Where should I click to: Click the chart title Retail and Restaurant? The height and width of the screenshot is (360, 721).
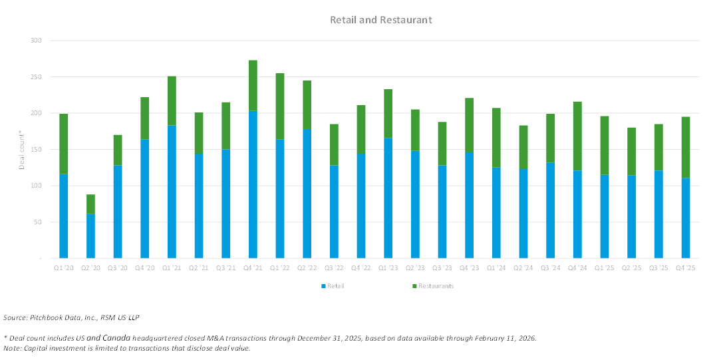click(x=381, y=20)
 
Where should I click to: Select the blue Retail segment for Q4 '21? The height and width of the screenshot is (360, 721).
click(x=253, y=184)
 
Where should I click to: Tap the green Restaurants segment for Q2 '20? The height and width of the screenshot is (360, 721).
click(x=90, y=204)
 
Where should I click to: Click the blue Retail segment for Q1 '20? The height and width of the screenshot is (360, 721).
click(x=64, y=216)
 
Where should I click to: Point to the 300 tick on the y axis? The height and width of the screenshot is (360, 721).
click(x=36, y=41)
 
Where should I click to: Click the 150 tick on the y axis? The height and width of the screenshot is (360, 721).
click(x=36, y=150)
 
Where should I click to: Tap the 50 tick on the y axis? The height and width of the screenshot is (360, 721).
click(x=37, y=222)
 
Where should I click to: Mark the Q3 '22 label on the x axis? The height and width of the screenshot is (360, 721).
click(x=334, y=268)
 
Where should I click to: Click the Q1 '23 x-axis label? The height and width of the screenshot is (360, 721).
click(x=388, y=268)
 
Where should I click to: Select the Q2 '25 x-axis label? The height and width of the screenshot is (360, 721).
click(x=631, y=268)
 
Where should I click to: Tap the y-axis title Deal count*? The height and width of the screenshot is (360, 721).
click(x=21, y=150)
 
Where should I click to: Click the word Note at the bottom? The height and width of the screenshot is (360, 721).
click(x=12, y=348)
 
